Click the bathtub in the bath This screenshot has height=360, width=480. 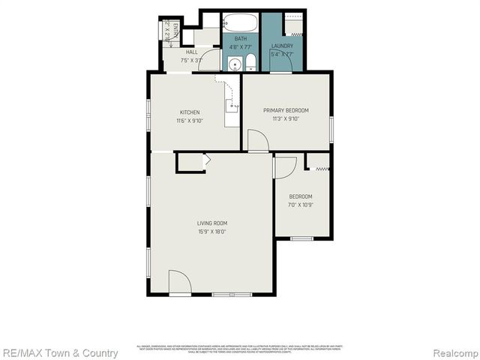click(240, 21)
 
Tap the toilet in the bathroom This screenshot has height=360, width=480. click(250, 63)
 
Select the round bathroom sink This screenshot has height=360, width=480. click(233, 64)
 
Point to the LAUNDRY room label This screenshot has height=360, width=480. click(282, 46)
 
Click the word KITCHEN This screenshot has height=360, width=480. click(189, 112)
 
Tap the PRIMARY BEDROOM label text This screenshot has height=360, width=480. click(285, 110)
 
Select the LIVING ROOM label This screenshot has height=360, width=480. click(212, 223)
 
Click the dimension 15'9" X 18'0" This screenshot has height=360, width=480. click(212, 232)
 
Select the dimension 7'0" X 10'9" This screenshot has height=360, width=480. click(300, 205)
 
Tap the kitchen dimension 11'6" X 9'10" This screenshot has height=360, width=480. click(189, 121)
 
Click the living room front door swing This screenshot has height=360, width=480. click(179, 282)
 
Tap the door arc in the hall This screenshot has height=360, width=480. click(209, 62)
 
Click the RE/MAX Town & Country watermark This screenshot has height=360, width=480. click(59, 352)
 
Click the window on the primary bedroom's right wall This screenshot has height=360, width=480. click(331, 128)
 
